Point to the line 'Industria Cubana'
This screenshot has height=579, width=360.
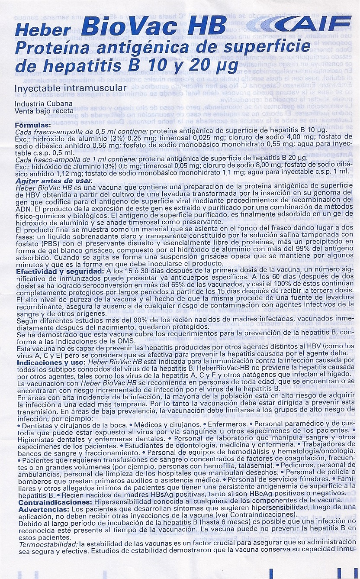tap(43, 104)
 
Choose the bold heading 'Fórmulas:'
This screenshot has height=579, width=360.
tap(32, 125)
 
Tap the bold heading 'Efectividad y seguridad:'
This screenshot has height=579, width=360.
tap(58, 271)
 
